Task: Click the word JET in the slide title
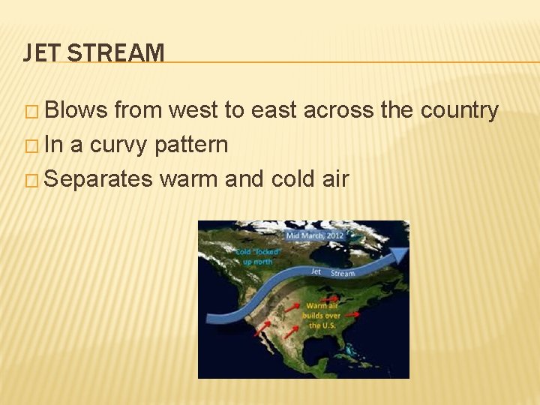[38, 52]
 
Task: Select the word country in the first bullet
[460, 111]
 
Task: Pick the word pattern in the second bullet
[191, 144]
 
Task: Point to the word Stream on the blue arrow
[342, 273]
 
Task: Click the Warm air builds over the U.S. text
[322, 315]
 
